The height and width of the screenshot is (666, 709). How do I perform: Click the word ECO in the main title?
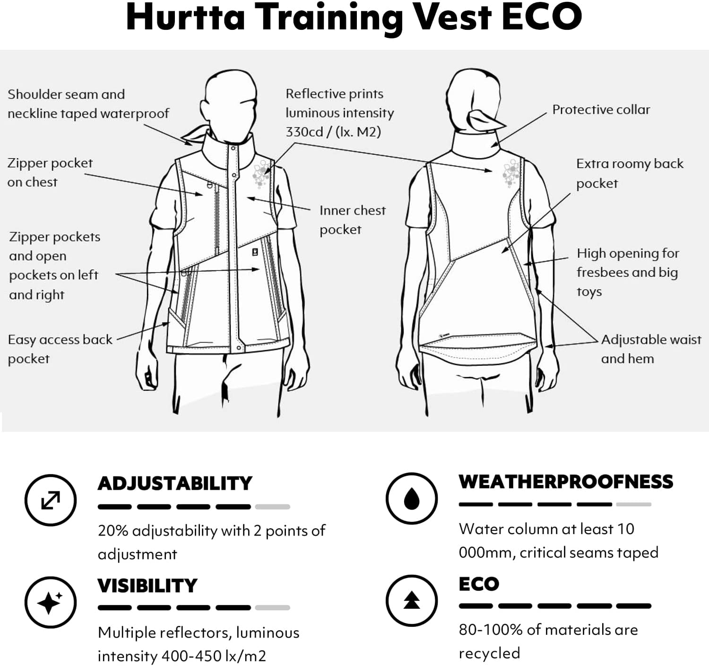click(x=542, y=17)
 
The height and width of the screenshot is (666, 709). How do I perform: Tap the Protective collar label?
click(x=601, y=110)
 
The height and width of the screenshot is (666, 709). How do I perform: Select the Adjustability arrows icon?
click(x=51, y=500)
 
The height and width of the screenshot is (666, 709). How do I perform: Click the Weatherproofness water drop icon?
click(x=412, y=498)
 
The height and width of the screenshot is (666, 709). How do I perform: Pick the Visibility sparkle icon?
click(x=51, y=602)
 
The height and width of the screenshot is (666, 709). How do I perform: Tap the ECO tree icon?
click(x=412, y=601)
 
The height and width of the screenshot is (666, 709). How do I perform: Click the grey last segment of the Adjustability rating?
click(x=272, y=507)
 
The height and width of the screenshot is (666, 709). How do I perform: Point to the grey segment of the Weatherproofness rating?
click(x=634, y=505)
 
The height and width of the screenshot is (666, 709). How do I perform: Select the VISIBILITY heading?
click(x=147, y=586)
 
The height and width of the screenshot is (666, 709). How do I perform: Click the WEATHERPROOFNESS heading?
click(x=566, y=482)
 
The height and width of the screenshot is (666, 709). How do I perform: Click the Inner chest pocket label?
click(x=352, y=220)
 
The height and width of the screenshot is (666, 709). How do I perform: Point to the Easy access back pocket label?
click(x=60, y=349)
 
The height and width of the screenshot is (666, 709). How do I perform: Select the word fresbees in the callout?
click(x=605, y=272)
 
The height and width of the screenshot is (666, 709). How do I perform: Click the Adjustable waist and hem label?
click(x=651, y=349)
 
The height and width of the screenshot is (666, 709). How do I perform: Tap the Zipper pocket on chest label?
click(x=50, y=173)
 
